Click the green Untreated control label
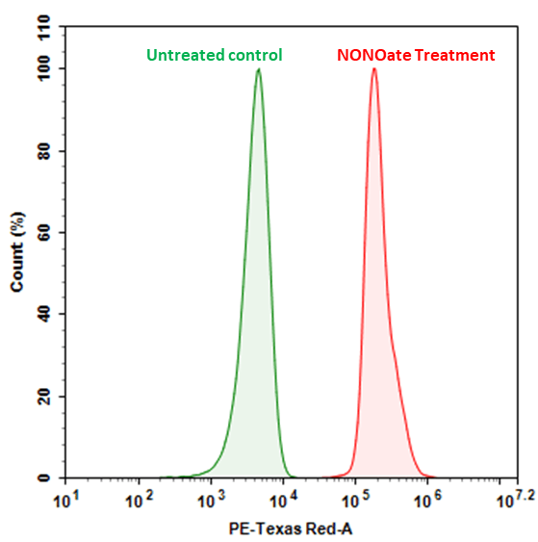[x=215, y=56]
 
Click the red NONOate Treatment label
[x=416, y=56]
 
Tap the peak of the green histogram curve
[x=258, y=69]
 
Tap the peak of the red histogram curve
[x=373, y=69]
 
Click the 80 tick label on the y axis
[x=43, y=151]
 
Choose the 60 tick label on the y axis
[x=43, y=233]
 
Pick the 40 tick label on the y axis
[x=43, y=315]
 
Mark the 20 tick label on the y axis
[x=43, y=397]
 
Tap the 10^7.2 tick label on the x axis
[x=506, y=499]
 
